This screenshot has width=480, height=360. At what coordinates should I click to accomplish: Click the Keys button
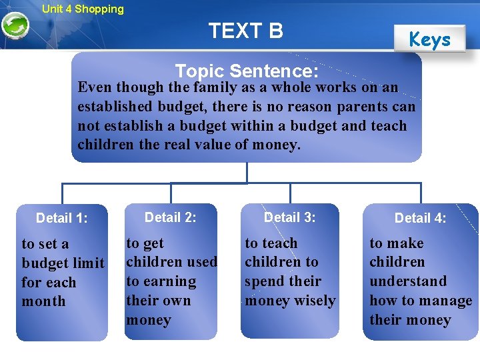pyautogui.click(x=429, y=39)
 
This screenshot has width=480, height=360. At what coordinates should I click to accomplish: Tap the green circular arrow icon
pyautogui.click(x=15, y=27)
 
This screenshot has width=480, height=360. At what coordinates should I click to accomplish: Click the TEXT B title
pyautogui.click(x=245, y=31)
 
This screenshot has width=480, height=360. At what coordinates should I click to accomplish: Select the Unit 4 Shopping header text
pyautogui.click(x=83, y=9)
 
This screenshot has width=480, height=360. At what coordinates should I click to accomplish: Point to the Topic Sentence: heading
pyautogui.click(x=246, y=71)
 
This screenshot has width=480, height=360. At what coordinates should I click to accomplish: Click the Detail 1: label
pyautogui.click(x=62, y=218)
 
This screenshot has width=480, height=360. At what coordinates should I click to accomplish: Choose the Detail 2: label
pyautogui.click(x=171, y=217)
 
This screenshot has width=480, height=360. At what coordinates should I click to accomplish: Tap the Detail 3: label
pyautogui.click(x=290, y=217)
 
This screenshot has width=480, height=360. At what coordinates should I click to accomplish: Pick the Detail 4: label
pyautogui.click(x=421, y=218)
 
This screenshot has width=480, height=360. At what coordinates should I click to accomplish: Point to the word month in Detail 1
pyautogui.click(x=44, y=301)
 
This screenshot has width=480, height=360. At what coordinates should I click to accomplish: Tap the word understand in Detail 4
pyautogui.click(x=408, y=281)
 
